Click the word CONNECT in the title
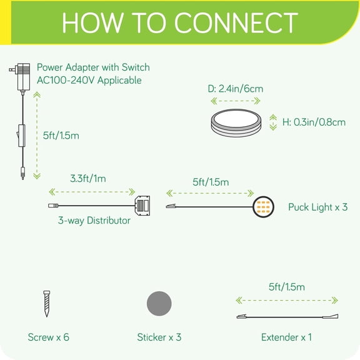236,22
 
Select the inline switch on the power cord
21,136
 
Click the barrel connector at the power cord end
22,173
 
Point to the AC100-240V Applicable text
89,81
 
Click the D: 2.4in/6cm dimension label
236,89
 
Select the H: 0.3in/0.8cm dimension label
314,122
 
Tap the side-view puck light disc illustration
236,123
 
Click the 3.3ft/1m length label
88,178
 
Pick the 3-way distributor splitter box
142,205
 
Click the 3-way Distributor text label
94,221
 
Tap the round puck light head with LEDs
263,207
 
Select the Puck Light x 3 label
317,207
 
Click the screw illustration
47,304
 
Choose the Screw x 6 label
49,337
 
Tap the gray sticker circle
159,304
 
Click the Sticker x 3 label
159,337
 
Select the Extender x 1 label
286,337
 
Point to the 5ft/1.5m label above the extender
286,287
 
